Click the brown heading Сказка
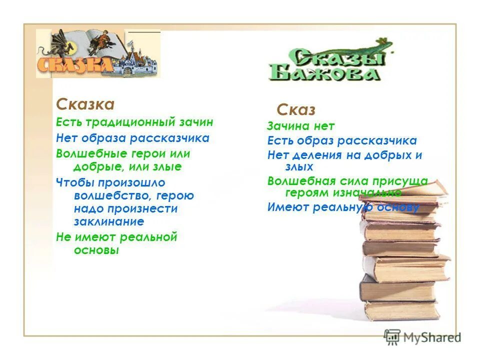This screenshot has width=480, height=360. click(85, 104)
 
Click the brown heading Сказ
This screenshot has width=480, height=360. click(296, 109)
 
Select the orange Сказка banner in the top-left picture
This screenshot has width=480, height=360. click(74, 64)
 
